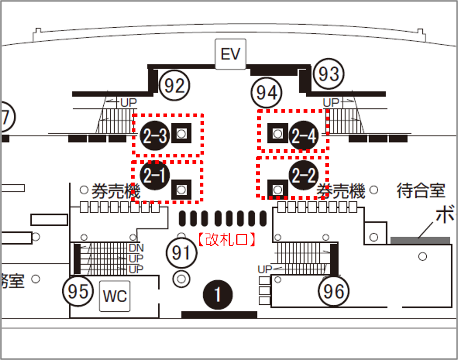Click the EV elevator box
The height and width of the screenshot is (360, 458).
[231, 54]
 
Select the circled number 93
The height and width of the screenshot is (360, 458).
[329, 74]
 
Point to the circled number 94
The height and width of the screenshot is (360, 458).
[267, 93]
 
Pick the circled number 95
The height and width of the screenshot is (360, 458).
[78, 291]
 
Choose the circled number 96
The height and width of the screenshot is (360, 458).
[334, 291]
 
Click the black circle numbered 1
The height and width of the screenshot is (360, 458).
[218, 295]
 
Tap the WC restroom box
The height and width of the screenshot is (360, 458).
[115, 296]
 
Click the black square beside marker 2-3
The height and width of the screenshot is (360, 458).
[181, 133]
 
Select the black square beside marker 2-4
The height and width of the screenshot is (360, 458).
[277, 133]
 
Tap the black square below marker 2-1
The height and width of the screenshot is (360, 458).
[181, 189]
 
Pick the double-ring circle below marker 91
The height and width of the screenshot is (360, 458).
[181, 279]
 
